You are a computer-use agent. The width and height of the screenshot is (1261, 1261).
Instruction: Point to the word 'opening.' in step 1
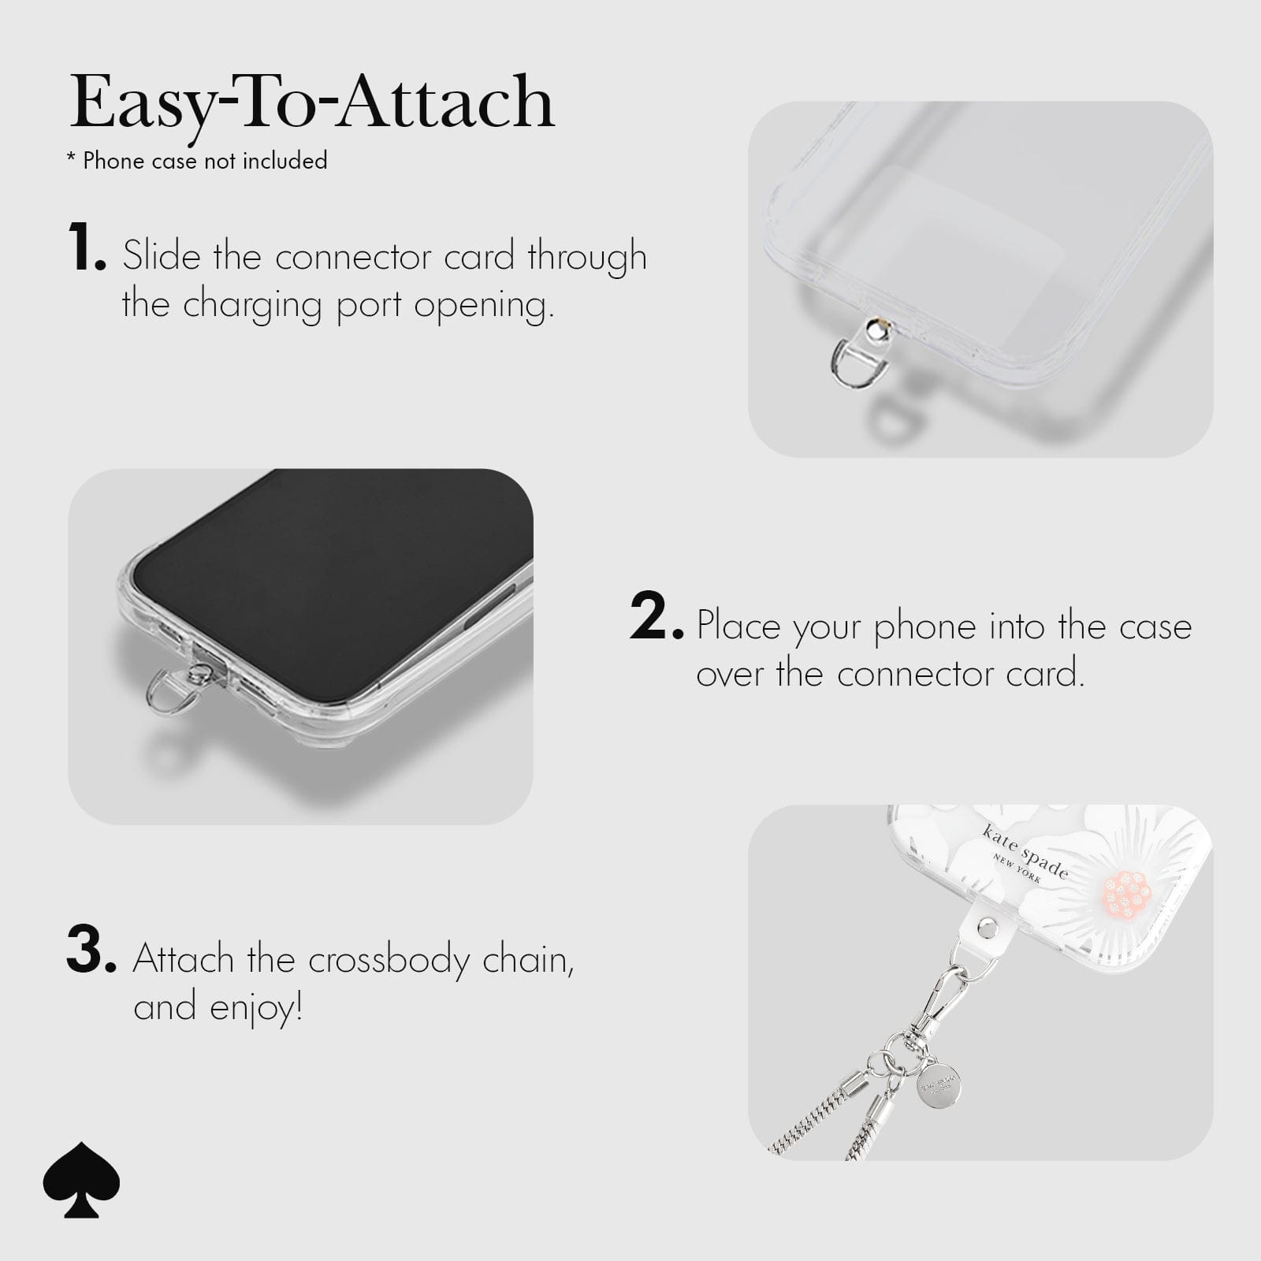tap(484, 306)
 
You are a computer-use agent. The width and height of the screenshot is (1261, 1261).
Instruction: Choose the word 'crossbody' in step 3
tap(389, 961)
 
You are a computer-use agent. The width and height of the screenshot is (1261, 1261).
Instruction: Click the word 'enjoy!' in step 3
tap(256, 1008)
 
